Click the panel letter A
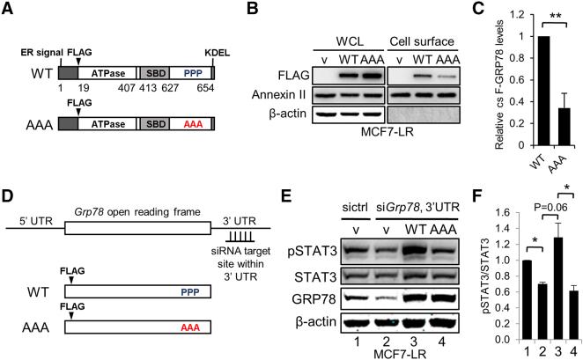(x=8, y=10)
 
